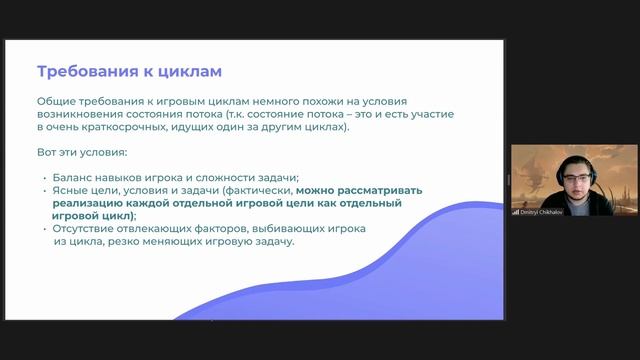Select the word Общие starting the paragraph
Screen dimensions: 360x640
[x=57, y=102]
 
